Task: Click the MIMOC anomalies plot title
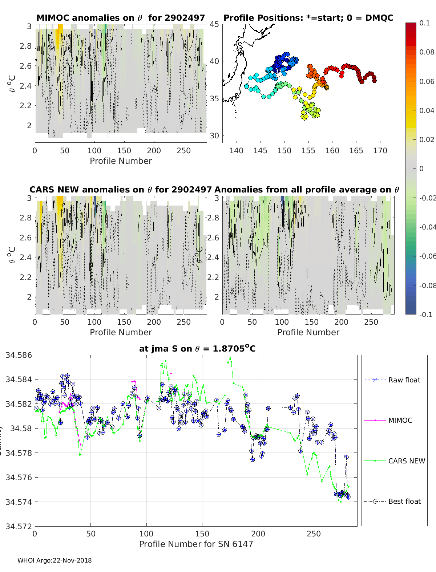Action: pyautogui.click(x=121, y=18)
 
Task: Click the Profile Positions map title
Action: pyautogui.click(x=308, y=18)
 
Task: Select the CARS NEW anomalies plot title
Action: pyautogui.click(x=121, y=190)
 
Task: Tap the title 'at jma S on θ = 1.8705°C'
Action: pyautogui.click(x=197, y=349)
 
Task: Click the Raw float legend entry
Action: pyautogui.click(x=404, y=380)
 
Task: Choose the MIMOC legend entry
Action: pyautogui.click(x=400, y=420)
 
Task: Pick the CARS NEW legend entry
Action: pyautogui.click(x=406, y=461)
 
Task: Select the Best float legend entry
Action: pyautogui.click(x=404, y=501)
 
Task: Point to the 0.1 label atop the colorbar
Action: pyautogui.click(x=424, y=23)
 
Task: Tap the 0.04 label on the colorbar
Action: pyautogui.click(x=427, y=110)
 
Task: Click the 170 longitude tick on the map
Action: pyautogui.click(x=380, y=150)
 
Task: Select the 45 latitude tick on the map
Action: pyautogui.click(x=214, y=24)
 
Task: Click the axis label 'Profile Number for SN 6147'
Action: pyautogui.click(x=196, y=544)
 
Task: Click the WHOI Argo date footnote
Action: pyautogui.click(x=54, y=560)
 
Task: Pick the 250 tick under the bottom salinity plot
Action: pyautogui.click(x=314, y=534)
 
